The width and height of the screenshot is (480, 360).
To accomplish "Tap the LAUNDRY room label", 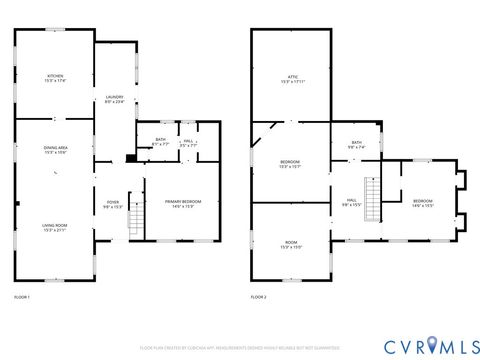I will [114, 100].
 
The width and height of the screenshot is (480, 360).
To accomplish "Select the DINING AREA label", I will [55, 150].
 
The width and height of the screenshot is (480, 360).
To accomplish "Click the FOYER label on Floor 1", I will [113, 205].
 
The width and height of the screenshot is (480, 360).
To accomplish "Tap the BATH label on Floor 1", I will [160, 141].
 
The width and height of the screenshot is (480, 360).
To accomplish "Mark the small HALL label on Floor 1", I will [187, 141].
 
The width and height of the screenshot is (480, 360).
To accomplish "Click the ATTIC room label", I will [290, 79].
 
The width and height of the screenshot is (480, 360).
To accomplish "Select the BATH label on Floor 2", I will [356, 145].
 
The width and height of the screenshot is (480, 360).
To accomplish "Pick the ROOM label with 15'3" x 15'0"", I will [290, 245].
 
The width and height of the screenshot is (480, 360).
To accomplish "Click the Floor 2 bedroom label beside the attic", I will [290, 164].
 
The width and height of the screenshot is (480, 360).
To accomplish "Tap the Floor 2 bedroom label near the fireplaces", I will [422, 204].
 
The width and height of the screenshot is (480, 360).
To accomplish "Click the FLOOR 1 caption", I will [22, 297].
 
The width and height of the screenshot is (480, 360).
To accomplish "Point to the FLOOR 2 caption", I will [259, 297].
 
